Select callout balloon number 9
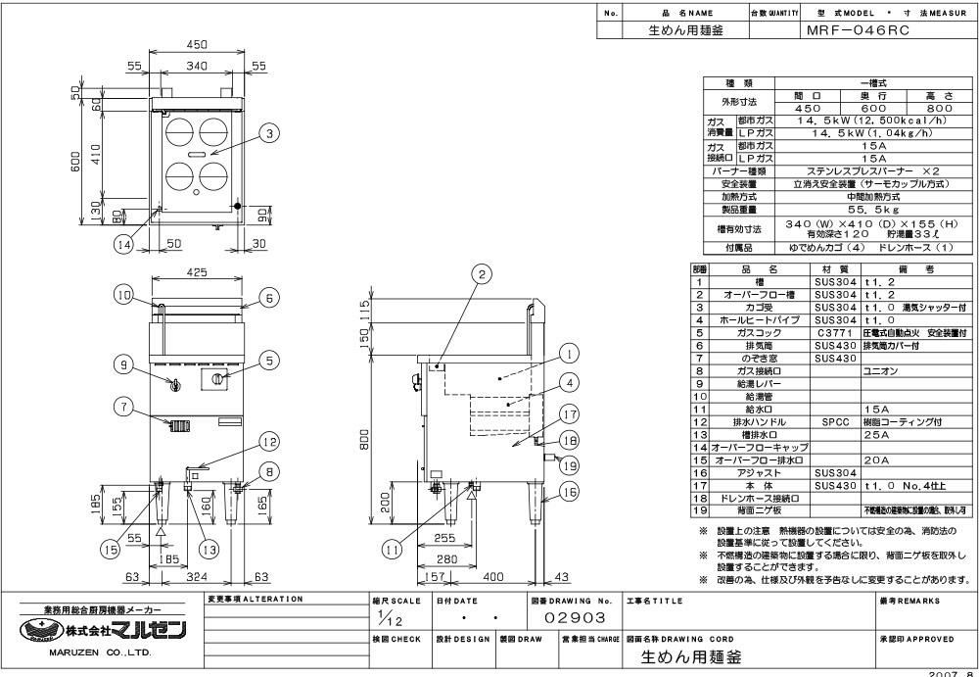[x=123, y=364]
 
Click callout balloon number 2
[x=481, y=274]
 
